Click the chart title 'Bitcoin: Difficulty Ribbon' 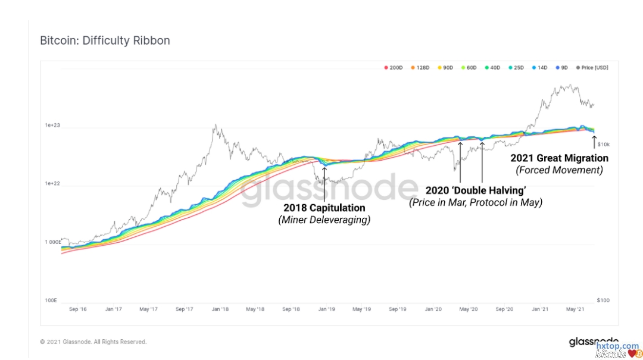coord(105,40)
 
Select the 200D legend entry coord(394,68)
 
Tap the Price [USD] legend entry coord(592,68)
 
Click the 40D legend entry coord(492,68)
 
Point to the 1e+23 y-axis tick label coord(53,126)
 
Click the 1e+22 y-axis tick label coord(53,184)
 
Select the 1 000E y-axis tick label coord(52,242)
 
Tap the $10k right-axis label coord(603,145)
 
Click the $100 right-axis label coord(603,300)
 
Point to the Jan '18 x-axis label coord(220,309)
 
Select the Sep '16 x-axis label coord(79,309)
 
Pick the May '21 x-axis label coord(575,309)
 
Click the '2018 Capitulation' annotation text coord(324,208)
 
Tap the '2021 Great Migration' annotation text coord(559,158)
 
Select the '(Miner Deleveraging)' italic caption coord(324,220)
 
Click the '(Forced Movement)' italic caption coord(559,170)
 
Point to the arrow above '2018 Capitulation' coord(324,184)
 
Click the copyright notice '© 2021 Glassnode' coord(93,342)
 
